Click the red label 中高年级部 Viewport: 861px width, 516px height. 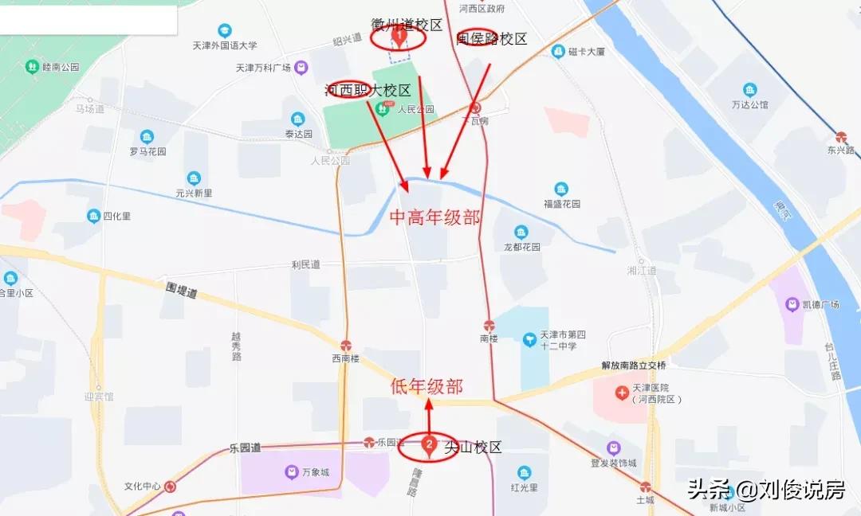click(x=435, y=217)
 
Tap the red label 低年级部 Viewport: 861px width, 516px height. click(x=427, y=387)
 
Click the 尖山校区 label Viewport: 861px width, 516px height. click(x=474, y=448)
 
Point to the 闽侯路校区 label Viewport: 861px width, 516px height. click(x=492, y=39)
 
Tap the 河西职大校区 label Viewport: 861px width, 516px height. click(x=368, y=90)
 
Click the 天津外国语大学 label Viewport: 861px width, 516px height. click(x=225, y=45)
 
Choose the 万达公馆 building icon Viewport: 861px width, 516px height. click(x=749, y=90)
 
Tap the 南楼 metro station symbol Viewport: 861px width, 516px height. click(x=489, y=325)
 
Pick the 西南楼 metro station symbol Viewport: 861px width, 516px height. click(x=346, y=346)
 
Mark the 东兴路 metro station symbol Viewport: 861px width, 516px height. click(x=841, y=137)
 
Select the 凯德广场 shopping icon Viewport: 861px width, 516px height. click(x=792, y=304)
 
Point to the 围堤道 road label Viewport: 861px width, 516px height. click(x=182, y=290)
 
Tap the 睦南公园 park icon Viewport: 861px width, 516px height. click(x=33, y=67)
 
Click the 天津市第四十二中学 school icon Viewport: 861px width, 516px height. click(x=529, y=340)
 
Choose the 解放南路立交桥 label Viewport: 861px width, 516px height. click(x=634, y=365)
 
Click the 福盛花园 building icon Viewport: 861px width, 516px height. click(x=561, y=190)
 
